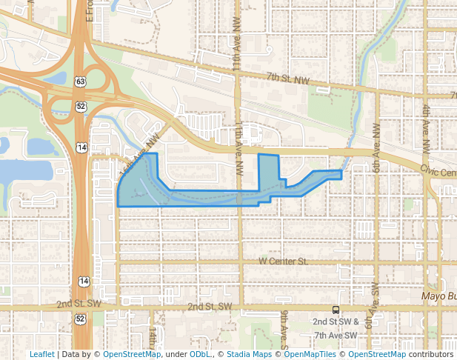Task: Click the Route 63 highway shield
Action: click(80, 81)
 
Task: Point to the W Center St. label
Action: click(283, 261)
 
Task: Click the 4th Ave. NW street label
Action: click(426, 130)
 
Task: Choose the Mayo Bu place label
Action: click(440, 296)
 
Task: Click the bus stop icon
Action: click(336, 310)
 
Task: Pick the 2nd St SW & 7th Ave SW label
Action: click(336, 328)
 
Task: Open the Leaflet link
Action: click(41, 354)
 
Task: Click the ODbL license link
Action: click(199, 354)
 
